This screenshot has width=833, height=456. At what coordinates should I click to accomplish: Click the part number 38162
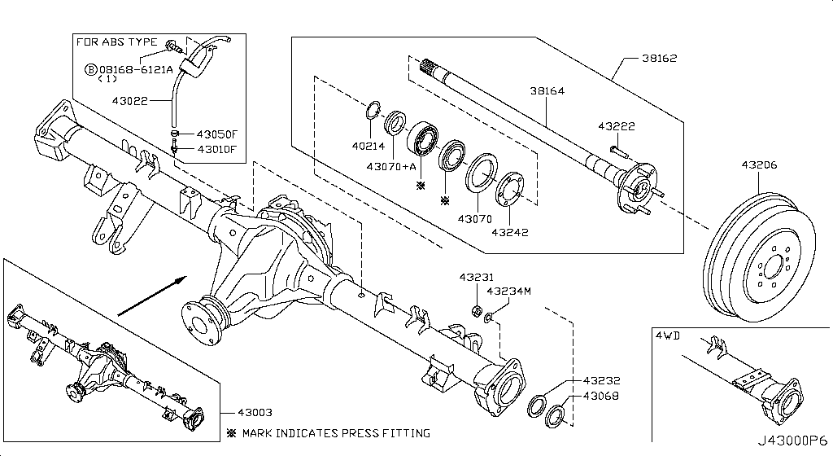pos(659,59)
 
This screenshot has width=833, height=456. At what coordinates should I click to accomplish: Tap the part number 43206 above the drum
pos(758,165)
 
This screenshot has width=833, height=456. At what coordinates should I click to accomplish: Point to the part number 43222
pos(616,126)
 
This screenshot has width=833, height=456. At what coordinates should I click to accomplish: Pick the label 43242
pos(510,232)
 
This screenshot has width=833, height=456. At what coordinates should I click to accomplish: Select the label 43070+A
pos(391,167)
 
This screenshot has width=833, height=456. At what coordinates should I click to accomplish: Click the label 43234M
pos(508,291)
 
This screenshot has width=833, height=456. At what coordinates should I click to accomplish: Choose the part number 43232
pos(600,380)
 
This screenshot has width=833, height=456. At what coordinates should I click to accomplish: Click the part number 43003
pos(255,413)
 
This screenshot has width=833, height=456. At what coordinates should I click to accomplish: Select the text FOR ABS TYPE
pos(117,42)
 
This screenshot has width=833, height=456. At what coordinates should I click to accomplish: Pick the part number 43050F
pos(216,134)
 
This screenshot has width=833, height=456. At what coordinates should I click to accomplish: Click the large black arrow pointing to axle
pos(147,296)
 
